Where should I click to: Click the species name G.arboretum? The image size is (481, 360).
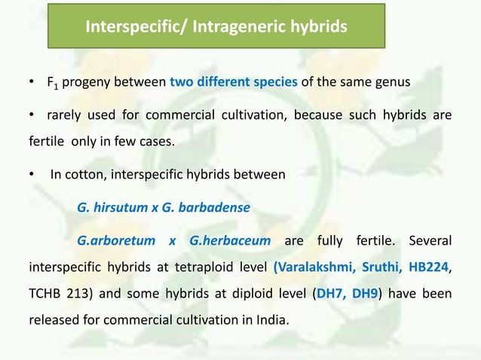point(117,241)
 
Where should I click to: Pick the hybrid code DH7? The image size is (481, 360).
point(329,294)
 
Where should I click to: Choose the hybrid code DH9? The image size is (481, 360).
point(363,294)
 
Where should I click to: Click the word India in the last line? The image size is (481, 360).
point(270,320)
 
